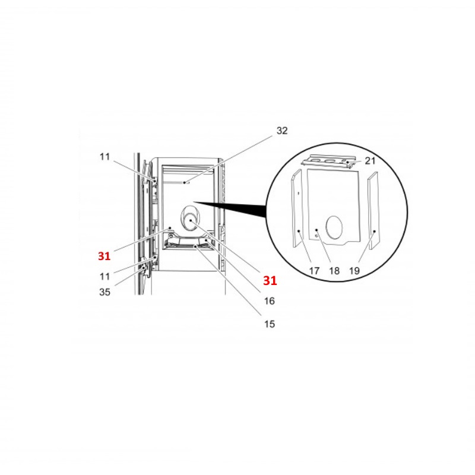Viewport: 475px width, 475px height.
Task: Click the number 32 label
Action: click(x=281, y=131)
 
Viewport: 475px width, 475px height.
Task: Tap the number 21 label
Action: click(x=370, y=160)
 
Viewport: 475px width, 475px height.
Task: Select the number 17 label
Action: click(x=314, y=271)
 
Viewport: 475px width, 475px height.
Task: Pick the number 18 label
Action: click(x=334, y=271)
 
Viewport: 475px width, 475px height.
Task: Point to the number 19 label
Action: click(x=354, y=271)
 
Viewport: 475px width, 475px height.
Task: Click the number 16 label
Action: click(x=270, y=301)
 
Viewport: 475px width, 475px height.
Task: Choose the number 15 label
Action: click(x=270, y=324)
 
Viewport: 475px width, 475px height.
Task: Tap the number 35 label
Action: click(x=104, y=292)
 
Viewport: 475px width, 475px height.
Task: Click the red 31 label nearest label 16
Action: click(x=270, y=280)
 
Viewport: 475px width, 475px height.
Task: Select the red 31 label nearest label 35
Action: click(x=104, y=256)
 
